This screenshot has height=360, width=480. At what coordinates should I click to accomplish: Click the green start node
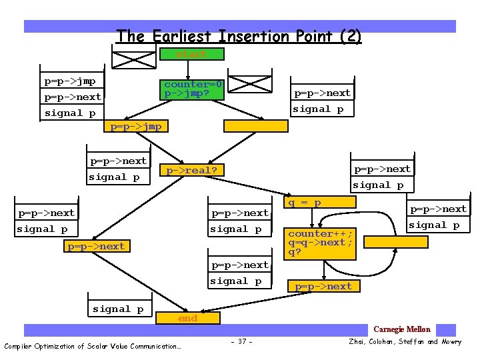(192, 54)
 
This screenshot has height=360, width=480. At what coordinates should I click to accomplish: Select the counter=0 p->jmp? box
(193, 89)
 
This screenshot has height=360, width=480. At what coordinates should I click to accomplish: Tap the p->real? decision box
(192, 171)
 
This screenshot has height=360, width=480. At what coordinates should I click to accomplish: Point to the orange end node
(188, 319)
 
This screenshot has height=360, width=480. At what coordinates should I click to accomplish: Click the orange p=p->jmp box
(136, 126)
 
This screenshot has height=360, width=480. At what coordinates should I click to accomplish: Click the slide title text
(239, 36)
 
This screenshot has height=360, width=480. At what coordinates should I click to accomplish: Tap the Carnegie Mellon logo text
(402, 329)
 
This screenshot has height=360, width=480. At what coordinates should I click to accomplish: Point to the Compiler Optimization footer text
(93, 346)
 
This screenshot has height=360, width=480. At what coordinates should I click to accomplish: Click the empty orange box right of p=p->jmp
(255, 125)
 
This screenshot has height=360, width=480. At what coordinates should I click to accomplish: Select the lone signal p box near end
(119, 309)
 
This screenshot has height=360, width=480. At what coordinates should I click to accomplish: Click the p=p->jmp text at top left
(70, 81)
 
